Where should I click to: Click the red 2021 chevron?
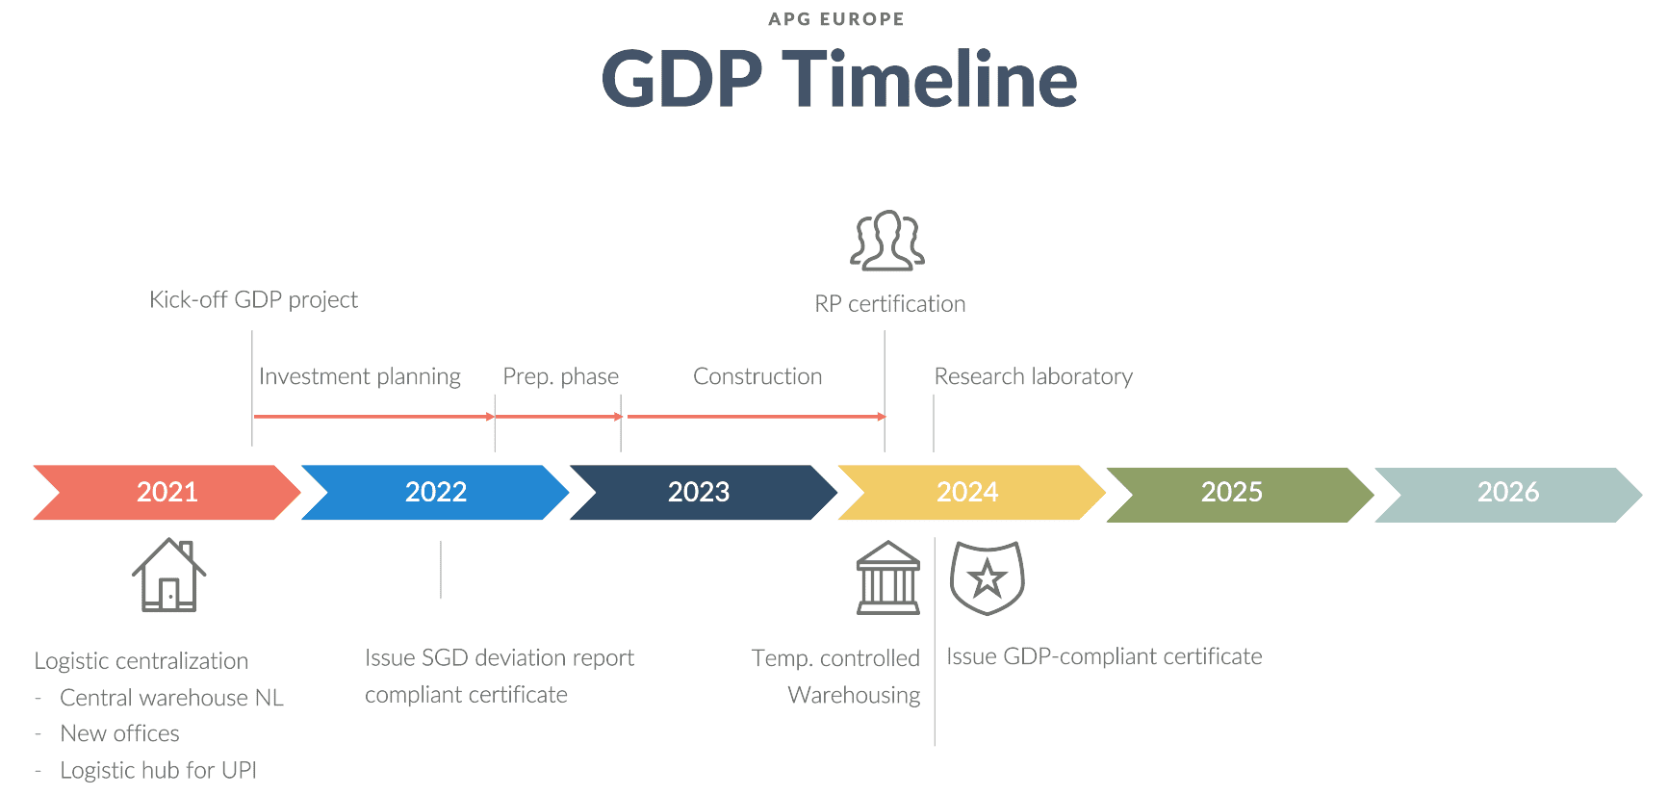[x=167, y=492]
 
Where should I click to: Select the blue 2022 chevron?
[x=435, y=492]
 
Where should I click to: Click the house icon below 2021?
[x=169, y=575]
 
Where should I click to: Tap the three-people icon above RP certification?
[x=887, y=241]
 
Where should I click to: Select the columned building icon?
[x=887, y=577]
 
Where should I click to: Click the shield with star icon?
[x=987, y=577]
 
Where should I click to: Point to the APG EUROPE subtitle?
[x=835, y=19]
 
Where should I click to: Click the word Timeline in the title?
[x=929, y=79]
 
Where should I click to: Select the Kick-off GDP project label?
[x=253, y=299]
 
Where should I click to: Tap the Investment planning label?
[x=359, y=376]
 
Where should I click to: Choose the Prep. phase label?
[x=560, y=376]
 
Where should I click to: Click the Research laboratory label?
[x=1033, y=376]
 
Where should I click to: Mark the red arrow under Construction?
[x=756, y=417]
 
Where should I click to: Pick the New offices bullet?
[x=119, y=733]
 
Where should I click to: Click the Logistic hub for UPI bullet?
[x=158, y=770]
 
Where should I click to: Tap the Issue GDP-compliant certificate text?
[x=1104, y=656]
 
